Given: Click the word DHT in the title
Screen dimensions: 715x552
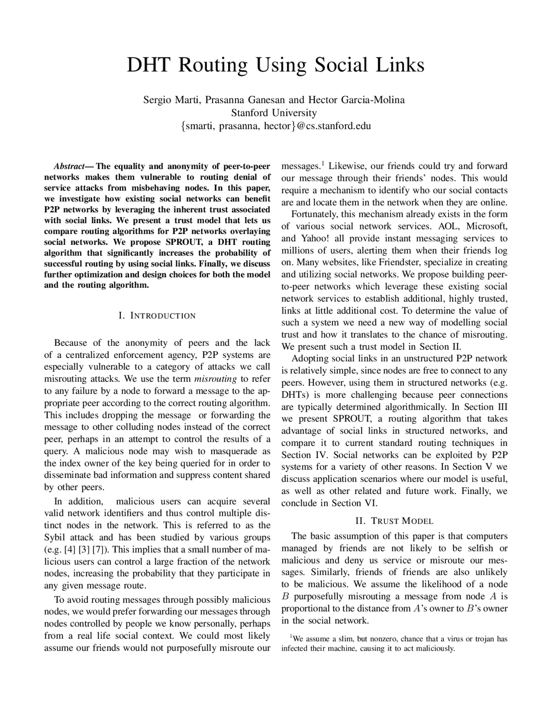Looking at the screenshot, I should pyautogui.click(x=148, y=65).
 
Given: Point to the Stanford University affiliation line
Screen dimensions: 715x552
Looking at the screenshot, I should pyautogui.click(x=274, y=113).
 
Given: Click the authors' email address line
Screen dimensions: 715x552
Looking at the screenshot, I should pyautogui.click(x=276, y=126).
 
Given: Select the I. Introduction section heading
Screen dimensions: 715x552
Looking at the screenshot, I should pyautogui.click(x=157, y=316).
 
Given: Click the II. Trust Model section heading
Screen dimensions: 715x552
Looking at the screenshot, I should pyautogui.click(x=394, y=521).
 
